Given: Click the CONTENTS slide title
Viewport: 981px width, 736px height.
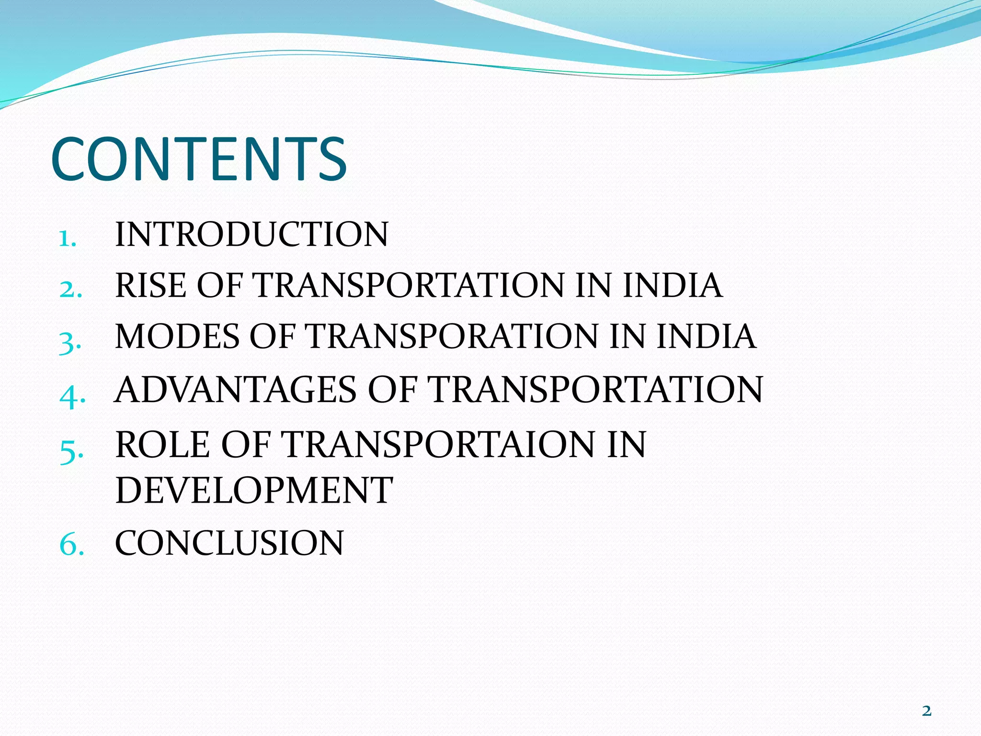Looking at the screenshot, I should [199, 159].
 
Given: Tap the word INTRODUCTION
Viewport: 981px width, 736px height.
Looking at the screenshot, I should [251, 235].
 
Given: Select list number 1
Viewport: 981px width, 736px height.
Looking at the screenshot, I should [67, 238].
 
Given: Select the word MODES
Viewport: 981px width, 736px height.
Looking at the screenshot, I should [177, 336].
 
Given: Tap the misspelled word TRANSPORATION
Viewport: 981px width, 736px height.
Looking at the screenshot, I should [452, 336].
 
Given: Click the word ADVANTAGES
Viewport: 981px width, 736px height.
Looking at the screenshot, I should [236, 390].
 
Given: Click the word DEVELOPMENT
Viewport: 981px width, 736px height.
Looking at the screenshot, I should [254, 491].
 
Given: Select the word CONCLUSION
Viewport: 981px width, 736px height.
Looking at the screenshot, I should [229, 543].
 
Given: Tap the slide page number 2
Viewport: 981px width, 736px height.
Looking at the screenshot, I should [926, 710].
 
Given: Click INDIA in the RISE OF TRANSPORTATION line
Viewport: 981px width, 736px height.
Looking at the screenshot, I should [673, 286].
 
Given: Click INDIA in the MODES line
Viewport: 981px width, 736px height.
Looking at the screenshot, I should [706, 336].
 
